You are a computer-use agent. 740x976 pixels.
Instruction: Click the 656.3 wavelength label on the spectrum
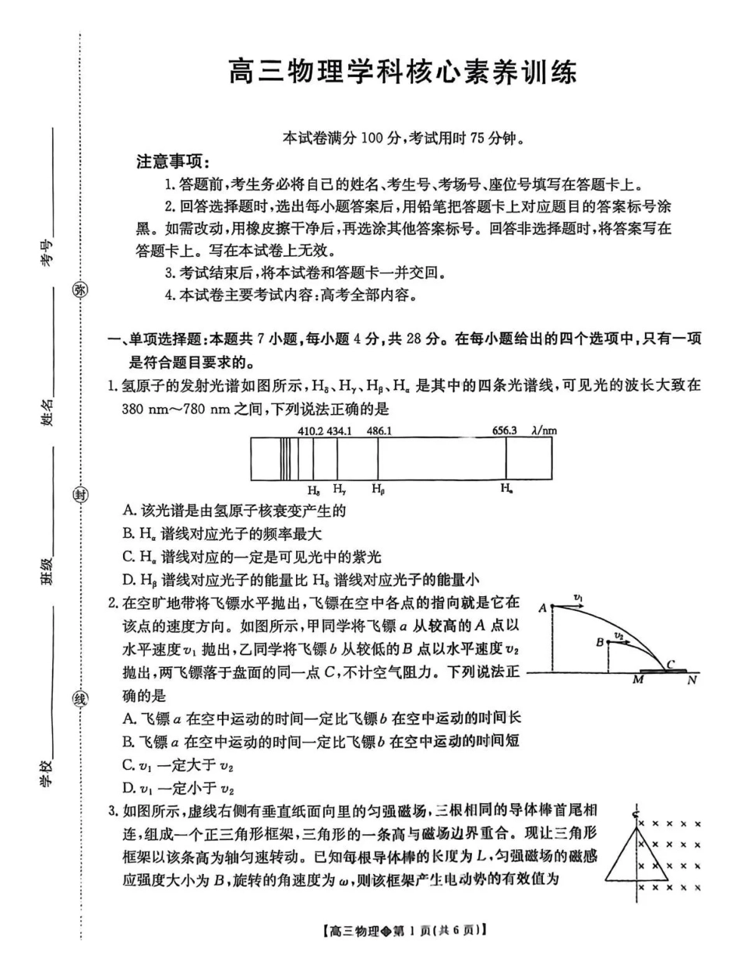tap(506, 430)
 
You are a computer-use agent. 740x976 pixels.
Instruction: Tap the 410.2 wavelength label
tap(310, 430)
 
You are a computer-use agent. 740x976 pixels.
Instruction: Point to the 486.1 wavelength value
tap(379, 430)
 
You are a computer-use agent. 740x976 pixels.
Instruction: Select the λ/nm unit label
tap(544, 430)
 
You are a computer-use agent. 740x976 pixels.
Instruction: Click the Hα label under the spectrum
tap(506, 490)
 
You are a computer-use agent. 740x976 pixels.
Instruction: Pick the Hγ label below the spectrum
tap(340, 490)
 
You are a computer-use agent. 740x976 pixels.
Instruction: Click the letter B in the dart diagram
tap(599, 642)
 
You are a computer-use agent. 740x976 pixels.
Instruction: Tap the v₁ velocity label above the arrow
tap(579, 598)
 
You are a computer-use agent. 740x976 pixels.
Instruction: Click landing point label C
tap(670, 663)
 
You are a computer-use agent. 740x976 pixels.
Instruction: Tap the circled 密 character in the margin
tap(80, 290)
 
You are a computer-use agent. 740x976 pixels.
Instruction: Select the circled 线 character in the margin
tap(80, 698)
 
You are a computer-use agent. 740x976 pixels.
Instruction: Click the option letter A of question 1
tap(129, 511)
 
